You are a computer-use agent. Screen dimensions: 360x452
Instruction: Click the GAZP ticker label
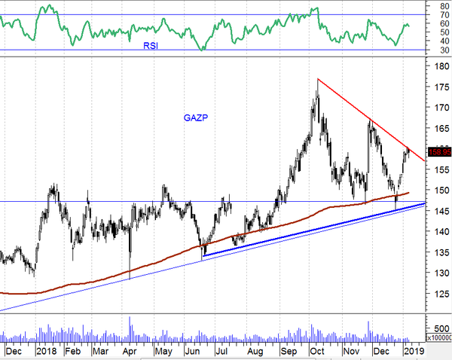(196, 117)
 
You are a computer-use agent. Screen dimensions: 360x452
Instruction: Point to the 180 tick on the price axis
(438, 66)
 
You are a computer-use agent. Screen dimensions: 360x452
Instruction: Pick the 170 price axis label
(438, 108)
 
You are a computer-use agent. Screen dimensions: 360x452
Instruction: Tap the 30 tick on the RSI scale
(435, 51)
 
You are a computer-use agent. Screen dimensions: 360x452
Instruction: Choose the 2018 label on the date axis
(47, 351)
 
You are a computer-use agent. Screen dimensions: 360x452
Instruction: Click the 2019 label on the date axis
(414, 351)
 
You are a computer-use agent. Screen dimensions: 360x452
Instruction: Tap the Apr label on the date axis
(129, 351)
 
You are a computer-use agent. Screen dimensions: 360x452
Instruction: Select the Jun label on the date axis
(194, 351)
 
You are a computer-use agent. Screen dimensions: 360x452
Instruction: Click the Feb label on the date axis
(72, 351)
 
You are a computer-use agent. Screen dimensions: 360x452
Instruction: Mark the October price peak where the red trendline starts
(318, 79)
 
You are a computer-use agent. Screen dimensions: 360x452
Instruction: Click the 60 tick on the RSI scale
(435, 23)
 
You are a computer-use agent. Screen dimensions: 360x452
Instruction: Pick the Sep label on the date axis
(289, 351)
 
